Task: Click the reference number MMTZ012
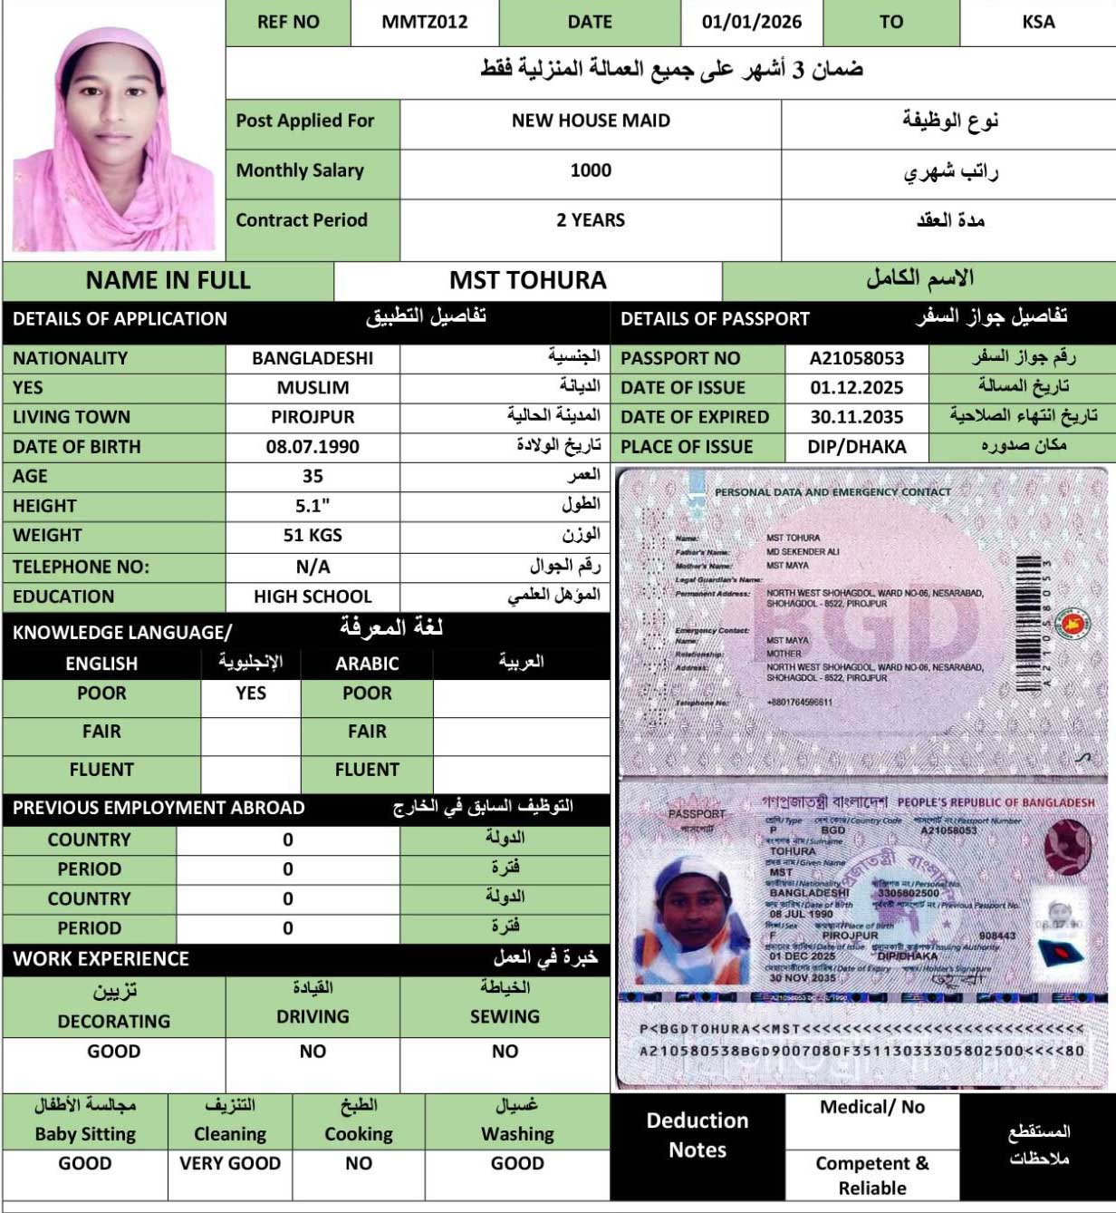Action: pyautogui.click(x=425, y=22)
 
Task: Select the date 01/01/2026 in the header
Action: pyautogui.click(x=751, y=22)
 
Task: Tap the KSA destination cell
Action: pyautogui.click(x=1038, y=22)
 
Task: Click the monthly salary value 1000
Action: pyautogui.click(x=591, y=170)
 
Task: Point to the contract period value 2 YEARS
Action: pyautogui.click(x=591, y=220)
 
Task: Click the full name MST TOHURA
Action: pyautogui.click(x=528, y=280)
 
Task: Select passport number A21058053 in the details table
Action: pyautogui.click(x=857, y=358)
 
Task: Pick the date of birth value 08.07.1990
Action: pyautogui.click(x=313, y=447)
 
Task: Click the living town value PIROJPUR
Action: pyautogui.click(x=313, y=417)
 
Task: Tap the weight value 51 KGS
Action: pyautogui.click(x=313, y=536)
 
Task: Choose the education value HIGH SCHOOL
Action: pyautogui.click(x=313, y=597)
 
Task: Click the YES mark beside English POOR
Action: pyautogui.click(x=251, y=694)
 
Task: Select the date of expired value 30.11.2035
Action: pyautogui.click(x=857, y=417)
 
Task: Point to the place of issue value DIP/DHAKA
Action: pyautogui.click(x=857, y=447)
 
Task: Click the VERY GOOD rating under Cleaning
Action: pyautogui.click(x=230, y=1163)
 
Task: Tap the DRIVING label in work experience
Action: pyautogui.click(x=313, y=1017)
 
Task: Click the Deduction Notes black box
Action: pyautogui.click(x=697, y=1135)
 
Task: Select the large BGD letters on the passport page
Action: pyautogui.click(x=865, y=626)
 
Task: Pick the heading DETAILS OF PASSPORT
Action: pyautogui.click(x=715, y=319)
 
